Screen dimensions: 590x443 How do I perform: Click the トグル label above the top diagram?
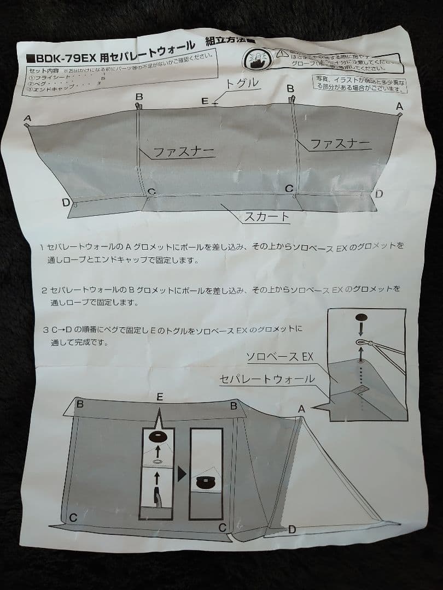[x=241, y=83]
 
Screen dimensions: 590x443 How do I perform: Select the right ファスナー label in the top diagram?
[x=340, y=144]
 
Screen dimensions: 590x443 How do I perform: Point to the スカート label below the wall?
[x=266, y=216]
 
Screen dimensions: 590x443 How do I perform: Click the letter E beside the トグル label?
[x=204, y=101]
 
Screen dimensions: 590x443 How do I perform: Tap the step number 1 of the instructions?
[x=42, y=247]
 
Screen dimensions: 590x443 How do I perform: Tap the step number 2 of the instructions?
[x=43, y=289]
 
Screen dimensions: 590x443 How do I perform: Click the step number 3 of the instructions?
[x=44, y=330]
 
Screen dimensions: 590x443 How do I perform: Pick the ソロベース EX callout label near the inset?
[x=279, y=357]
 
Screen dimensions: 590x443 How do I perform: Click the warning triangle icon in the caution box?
[x=281, y=53]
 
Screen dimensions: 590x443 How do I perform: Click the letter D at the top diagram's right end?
[x=378, y=193]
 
